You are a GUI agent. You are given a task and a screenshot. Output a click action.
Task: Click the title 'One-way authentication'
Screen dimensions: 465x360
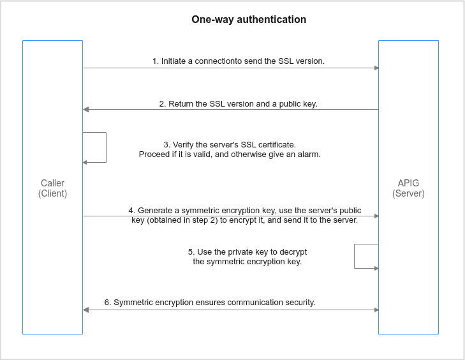click(249, 20)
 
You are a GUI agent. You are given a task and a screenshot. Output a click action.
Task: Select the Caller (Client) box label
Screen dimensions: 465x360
click(52, 188)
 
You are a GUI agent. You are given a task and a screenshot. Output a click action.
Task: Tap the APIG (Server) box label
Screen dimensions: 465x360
click(408, 188)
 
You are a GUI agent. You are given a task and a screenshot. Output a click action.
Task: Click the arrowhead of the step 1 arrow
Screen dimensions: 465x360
click(376, 68)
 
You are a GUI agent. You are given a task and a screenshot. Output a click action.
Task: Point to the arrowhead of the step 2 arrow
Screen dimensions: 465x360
click(85, 110)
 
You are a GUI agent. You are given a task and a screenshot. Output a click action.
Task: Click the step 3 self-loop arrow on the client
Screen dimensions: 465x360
click(106, 147)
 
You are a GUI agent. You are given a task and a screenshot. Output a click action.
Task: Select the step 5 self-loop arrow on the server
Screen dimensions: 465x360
click(355, 256)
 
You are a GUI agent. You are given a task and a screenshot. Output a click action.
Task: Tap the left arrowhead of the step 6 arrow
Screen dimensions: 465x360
click(85, 310)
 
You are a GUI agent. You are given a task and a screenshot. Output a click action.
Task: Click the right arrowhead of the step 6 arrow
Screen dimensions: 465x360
click(376, 310)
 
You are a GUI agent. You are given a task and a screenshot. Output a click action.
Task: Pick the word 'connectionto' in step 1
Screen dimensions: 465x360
click(218, 61)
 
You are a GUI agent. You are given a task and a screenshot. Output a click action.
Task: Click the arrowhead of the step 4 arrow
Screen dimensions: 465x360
click(376, 216)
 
